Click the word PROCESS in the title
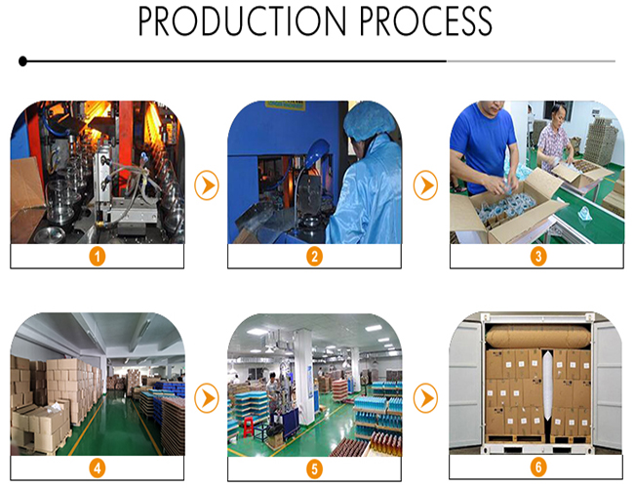[x=426, y=21]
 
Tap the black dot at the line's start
[x=23, y=61]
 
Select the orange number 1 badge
[x=97, y=257]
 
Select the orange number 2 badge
[x=315, y=257]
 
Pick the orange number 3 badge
[x=538, y=256]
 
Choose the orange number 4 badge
[x=97, y=468]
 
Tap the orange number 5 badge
[x=315, y=469]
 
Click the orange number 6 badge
[x=538, y=467]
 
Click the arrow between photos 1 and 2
[x=207, y=185]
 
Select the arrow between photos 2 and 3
[x=425, y=185]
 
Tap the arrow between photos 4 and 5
[x=207, y=398]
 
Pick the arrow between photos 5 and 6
[x=425, y=398]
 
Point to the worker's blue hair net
[x=368, y=120]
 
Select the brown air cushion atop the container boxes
[x=538, y=337]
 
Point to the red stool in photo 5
[x=249, y=427]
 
